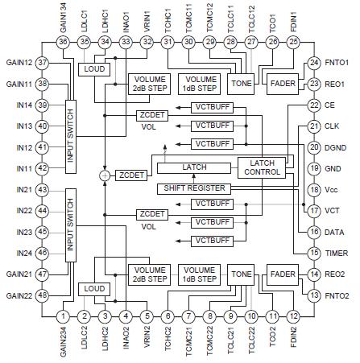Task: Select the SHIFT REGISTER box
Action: [191, 188]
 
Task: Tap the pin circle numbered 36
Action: [63, 42]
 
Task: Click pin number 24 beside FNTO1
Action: [313, 62]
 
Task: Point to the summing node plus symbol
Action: [104, 174]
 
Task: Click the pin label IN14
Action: [21, 105]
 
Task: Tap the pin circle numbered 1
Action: [63, 316]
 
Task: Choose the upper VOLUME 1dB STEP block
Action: [198, 83]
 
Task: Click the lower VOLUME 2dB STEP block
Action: [149, 274]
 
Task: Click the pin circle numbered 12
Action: [293, 316]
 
